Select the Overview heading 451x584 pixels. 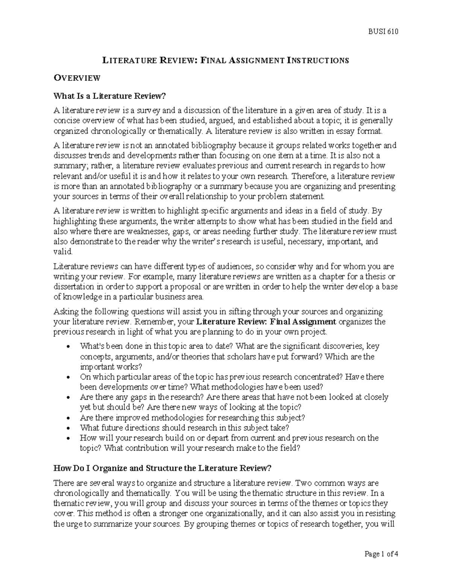(77, 78)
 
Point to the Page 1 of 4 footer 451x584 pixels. (381, 554)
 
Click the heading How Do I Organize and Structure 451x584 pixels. (162, 468)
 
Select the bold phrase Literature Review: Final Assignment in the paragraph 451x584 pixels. (266, 322)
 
